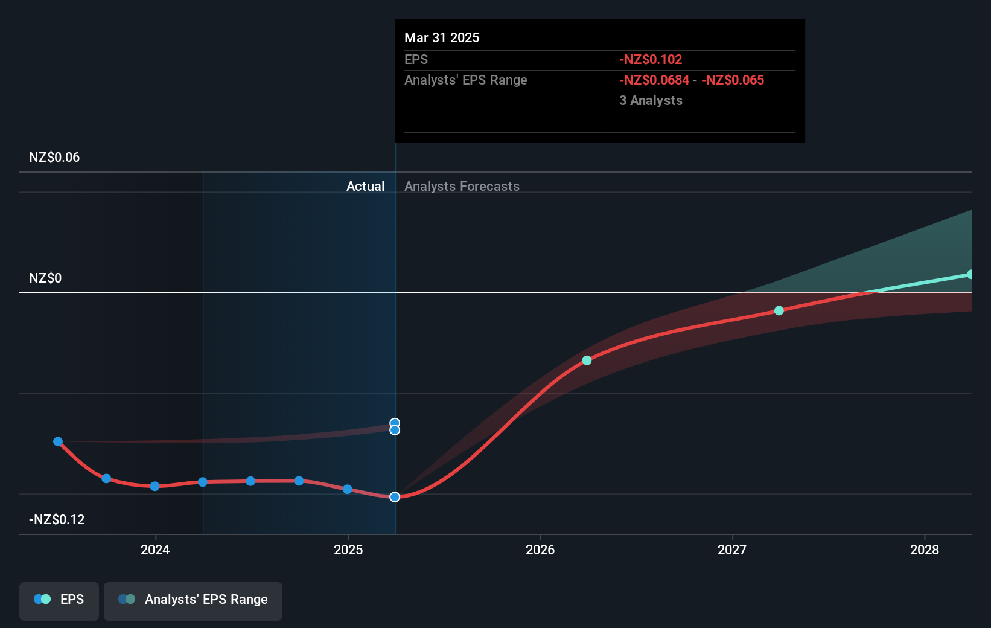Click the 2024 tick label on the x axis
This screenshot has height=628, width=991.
tap(155, 549)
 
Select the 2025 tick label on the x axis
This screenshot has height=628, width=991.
tap(348, 549)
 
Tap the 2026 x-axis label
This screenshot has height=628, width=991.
tap(540, 549)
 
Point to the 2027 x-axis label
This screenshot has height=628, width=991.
tap(732, 549)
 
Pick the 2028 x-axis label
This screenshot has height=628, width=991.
tap(925, 549)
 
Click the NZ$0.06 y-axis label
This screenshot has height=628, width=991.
tap(54, 158)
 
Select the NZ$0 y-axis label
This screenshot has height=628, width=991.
tap(45, 278)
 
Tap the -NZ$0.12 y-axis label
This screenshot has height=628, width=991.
tap(57, 520)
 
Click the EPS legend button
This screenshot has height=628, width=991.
tap(59, 600)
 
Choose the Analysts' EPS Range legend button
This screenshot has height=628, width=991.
tap(193, 600)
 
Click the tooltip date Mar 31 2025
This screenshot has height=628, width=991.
tap(442, 38)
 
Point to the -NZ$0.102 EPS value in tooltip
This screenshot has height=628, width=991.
tap(651, 60)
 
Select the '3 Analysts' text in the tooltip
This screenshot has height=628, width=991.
tap(651, 101)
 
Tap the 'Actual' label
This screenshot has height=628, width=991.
tap(365, 187)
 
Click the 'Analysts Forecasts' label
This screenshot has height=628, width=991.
tap(462, 187)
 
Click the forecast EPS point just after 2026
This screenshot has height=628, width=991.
tap(587, 360)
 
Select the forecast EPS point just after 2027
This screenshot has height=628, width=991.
tap(779, 310)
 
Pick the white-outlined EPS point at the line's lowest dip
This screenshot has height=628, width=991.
tap(395, 497)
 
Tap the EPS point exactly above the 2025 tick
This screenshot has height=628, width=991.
tap(348, 489)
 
